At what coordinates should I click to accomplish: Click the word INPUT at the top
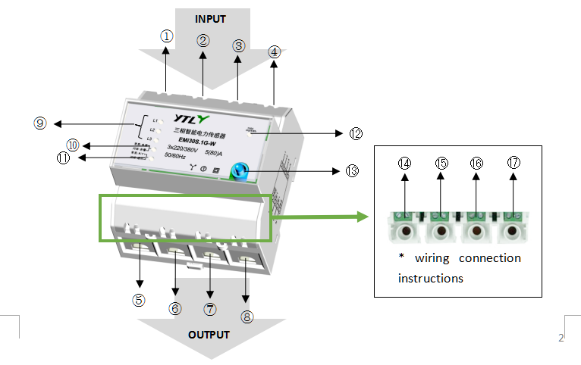coord(211,18)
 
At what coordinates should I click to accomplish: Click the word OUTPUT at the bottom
coord(209,334)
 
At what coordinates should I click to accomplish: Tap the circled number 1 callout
coord(167,35)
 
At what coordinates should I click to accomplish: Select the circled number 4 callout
coord(274,51)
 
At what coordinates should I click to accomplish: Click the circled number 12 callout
coord(356,133)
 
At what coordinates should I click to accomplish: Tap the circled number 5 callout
coord(139,300)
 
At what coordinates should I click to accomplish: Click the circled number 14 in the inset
coord(405,164)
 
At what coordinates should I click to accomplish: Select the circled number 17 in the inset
coord(513,164)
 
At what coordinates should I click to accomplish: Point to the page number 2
coord(561,338)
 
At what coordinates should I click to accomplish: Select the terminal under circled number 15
coord(441,231)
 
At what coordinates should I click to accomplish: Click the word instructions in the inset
coord(430,278)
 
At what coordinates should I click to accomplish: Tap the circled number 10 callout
coord(73,144)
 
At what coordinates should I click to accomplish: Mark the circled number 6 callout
coord(176,308)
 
